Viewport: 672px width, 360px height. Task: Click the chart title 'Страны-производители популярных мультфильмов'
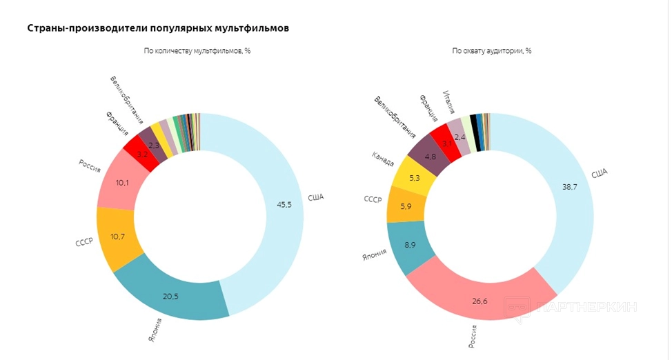[x=158, y=28]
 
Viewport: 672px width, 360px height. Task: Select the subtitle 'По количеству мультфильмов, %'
[x=197, y=51]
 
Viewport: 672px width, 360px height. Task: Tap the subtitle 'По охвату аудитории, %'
[x=491, y=51]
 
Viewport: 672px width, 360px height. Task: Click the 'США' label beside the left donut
[x=315, y=197]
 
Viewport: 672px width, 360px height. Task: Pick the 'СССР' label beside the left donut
[x=83, y=243]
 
